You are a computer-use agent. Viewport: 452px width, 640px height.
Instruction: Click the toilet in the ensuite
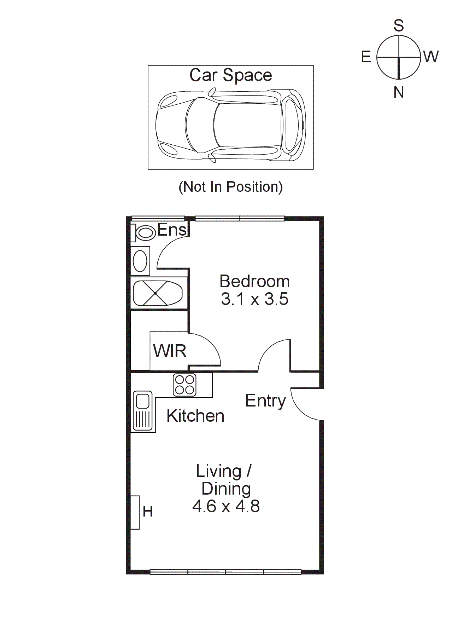(x=145, y=233)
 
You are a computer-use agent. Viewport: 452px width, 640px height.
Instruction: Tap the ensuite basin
(x=140, y=261)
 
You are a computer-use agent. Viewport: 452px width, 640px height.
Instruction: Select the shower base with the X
(x=156, y=293)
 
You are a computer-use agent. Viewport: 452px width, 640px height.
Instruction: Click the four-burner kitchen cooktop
(x=184, y=385)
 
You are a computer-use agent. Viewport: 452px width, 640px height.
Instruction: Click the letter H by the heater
(x=148, y=512)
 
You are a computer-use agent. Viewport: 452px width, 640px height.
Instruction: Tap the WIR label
(x=170, y=351)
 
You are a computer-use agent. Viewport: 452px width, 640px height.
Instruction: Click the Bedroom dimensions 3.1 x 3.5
(x=254, y=299)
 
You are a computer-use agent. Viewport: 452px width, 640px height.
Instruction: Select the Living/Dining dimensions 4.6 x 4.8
(x=226, y=506)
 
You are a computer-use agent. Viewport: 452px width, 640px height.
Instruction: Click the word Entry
(x=265, y=401)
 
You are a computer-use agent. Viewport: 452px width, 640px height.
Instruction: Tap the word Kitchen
(x=195, y=416)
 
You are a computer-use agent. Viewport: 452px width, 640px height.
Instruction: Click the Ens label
(x=171, y=230)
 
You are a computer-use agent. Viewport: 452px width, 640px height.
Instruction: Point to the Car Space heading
(x=231, y=75)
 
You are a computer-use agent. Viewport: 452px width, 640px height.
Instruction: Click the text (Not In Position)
(x=231, y=187)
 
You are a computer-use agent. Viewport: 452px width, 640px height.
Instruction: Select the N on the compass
(x=399, y=92)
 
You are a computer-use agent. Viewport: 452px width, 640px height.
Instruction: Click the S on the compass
(x=399, y=26)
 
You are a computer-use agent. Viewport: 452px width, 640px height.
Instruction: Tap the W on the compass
(x=431, y=57)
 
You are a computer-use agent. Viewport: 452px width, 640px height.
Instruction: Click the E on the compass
(x=366, y=57)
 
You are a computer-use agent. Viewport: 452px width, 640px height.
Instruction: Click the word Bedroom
(x=254, y=282)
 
